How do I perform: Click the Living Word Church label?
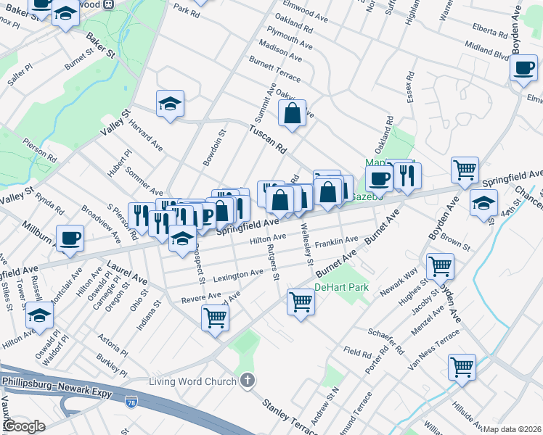pos(192,382)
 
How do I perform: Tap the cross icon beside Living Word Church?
pos(247,381)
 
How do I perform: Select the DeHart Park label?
pos(341,288)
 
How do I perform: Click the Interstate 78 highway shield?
pos(131,401)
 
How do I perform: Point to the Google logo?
pos(24,427)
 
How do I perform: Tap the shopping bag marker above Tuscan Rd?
pos(292,114)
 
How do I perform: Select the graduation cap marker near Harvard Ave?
pos(170,104)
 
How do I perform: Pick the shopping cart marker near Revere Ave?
pos(215,317)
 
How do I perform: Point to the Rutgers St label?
pos(274,263)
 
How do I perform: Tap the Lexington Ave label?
pos(238,275)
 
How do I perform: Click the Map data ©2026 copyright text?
pos(511,428)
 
